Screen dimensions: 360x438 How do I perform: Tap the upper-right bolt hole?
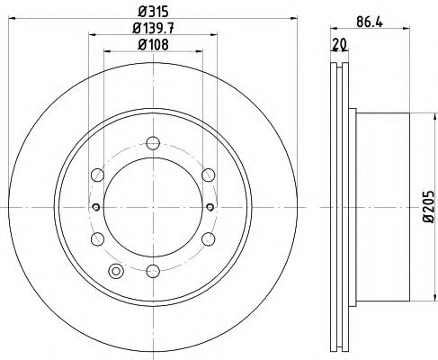point(208,174)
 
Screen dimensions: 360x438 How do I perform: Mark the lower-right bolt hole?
point(208,238)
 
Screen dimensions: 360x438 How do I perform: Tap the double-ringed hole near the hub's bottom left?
point(115,271)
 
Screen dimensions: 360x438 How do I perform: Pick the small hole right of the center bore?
point(209,206)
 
